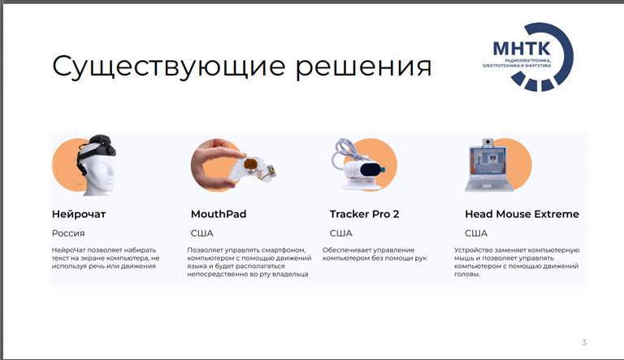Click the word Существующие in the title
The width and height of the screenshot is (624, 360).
[x=168, y=67]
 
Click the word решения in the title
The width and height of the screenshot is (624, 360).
[x=363, y=67]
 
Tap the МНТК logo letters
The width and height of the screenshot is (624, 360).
[x=522, y=48]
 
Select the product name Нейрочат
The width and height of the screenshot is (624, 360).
[x=79, y=215]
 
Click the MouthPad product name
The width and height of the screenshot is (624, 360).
[x=219, y=215]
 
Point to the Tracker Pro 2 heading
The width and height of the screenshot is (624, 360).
[x=364, y=215]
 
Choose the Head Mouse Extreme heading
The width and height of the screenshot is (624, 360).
[x=522, y=215]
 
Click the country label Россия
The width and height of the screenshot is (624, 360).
[x=68, y=233]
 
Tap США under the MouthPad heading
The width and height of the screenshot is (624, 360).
[x=202, y=233]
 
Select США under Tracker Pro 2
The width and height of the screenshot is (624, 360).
[x=341, y=233]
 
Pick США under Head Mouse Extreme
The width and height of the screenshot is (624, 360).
[x=476, y=233]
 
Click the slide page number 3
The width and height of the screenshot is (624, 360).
[x=584, y=342]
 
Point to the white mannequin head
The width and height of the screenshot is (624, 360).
[x=99, y=172]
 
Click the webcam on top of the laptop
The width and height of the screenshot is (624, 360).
[x=487, y=142]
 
